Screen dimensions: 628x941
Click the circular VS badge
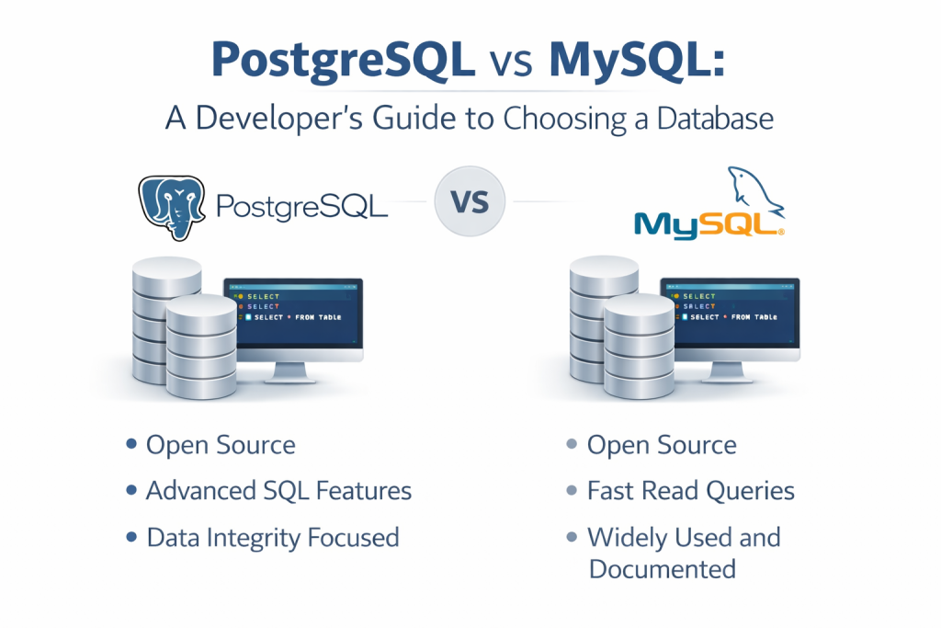(470, 201)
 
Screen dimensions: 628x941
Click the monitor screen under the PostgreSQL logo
(292, 314)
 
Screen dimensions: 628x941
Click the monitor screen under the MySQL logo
(729, 314)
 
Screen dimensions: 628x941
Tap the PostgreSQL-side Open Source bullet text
(221, 446)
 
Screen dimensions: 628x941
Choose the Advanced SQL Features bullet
(278, 491)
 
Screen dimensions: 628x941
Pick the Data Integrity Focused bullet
(272, 537)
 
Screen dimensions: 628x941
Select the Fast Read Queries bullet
(690, 491)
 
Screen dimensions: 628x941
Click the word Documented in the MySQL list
(662, 569)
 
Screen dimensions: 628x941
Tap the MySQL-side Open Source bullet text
(662, 446)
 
